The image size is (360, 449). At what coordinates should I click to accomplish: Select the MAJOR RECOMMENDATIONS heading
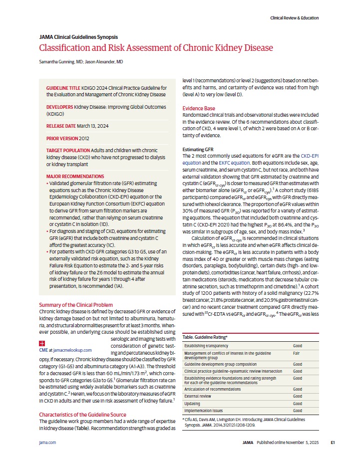coord(75,176)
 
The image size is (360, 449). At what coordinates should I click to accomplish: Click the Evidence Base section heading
coord(199,108)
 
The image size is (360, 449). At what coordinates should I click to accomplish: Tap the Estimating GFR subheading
coord(198,150)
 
